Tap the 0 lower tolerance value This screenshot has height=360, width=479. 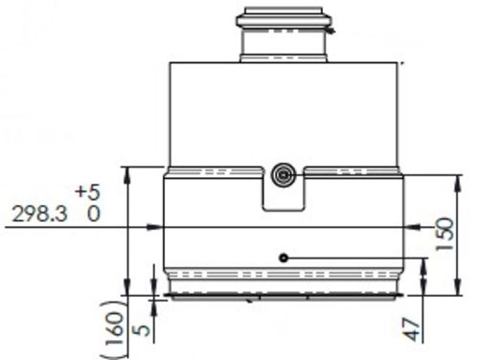coord(93,215)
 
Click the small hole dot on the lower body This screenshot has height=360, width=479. coord(284,258)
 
